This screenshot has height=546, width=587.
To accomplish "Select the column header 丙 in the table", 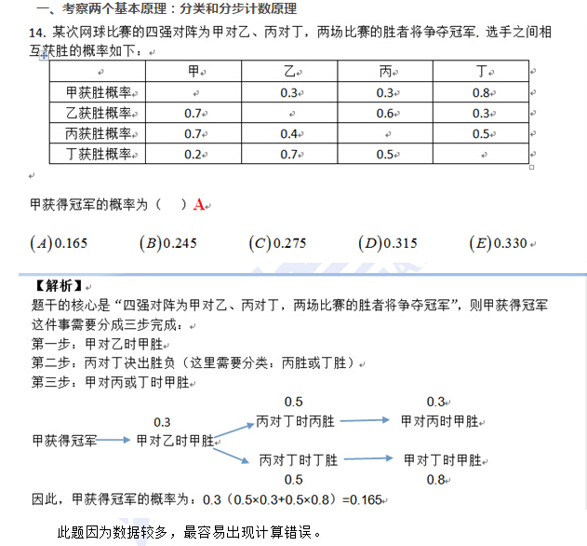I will [385, 71].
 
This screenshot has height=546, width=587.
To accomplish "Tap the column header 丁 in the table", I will [480, 71].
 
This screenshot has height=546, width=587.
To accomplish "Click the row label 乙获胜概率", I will [98, 113].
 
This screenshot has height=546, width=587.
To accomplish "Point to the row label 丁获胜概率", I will [98, 154].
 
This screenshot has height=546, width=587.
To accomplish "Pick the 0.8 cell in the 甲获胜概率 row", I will [480, 92].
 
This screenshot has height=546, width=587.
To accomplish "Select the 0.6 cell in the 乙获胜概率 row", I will [385, 113].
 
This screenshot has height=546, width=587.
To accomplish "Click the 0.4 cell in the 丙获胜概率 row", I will [288, 133].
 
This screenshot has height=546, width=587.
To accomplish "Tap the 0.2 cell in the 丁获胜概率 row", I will [193, 154].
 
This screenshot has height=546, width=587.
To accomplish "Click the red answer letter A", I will [199, 205].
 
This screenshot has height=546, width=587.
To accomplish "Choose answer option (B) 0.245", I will [168, 243].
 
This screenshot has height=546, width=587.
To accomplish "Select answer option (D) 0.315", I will [388, 243].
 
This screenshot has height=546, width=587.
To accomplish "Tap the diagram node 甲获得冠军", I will [63, 439].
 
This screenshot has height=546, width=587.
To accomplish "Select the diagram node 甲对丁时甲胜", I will [442, 459].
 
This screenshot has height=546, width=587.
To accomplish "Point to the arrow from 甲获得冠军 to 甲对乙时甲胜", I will [114, 439].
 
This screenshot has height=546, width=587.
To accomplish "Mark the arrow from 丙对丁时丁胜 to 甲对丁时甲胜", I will [368, 459].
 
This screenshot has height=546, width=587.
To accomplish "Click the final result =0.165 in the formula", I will [362, 499].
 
